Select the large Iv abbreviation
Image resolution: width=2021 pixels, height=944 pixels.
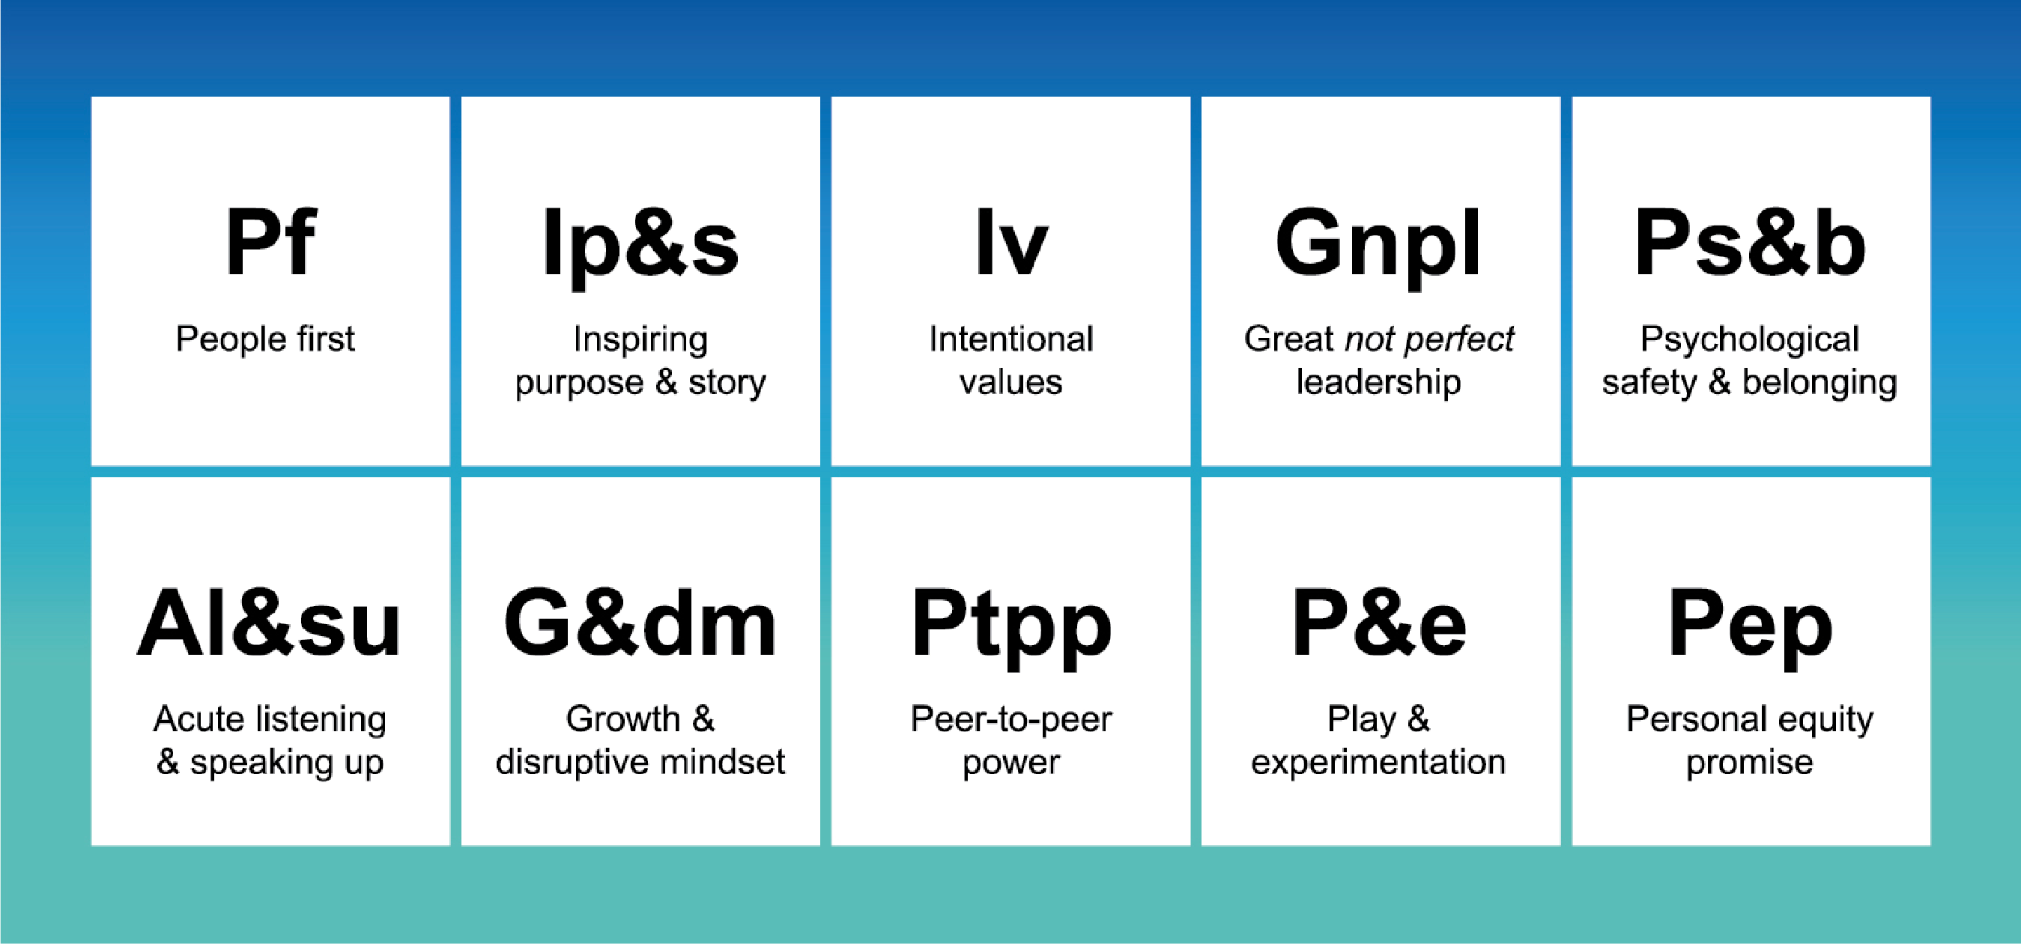1010,243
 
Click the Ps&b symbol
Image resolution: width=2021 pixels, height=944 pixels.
1750,243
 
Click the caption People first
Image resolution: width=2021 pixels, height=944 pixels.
265,339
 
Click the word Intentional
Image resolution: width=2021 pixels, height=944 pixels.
1010,339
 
